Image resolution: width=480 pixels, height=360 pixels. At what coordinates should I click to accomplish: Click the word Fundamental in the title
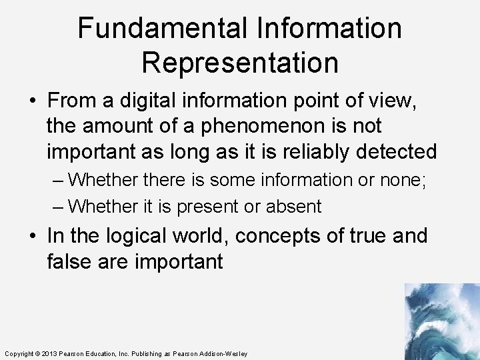(161, 29)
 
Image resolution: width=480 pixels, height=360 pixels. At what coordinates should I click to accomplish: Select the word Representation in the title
(240, 63)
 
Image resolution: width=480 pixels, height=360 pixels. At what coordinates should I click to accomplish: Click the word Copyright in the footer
(18, 353)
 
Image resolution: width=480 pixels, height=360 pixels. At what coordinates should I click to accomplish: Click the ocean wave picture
(442, 321)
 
